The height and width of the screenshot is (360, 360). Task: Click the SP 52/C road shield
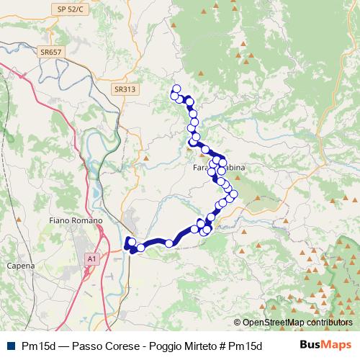tap(71, 8)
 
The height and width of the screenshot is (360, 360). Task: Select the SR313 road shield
tap(124, 89)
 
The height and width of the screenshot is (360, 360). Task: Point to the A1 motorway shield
tap(91, 257)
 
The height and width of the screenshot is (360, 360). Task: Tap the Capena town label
tap(20, 266)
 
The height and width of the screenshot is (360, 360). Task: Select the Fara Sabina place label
tap(220, 168)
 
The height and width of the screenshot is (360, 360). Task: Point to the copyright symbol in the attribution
tap(238, 323)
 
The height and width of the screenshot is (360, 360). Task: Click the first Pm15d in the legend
tap(40, 345)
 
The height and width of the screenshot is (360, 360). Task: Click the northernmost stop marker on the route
tap(176, 89)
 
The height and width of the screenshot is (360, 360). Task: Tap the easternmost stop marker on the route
tap(233, 194)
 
